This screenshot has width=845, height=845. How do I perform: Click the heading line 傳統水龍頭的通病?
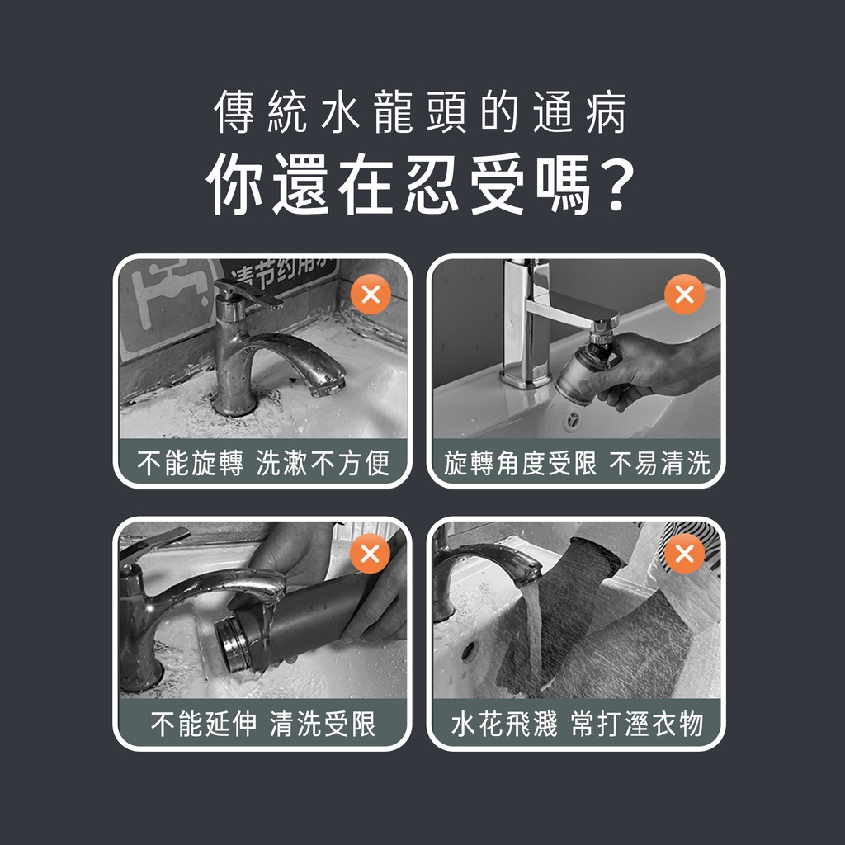click(420, 111)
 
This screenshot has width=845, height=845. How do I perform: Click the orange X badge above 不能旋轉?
click(371, 295)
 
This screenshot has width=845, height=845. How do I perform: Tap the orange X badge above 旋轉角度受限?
click(684, 295)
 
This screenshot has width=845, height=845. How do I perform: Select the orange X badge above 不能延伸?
click(370, 554)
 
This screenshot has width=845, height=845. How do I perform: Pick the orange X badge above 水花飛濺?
click(684, 554)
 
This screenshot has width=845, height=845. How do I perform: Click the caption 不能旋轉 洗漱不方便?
click(263, 463)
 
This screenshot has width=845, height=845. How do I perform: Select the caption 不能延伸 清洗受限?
click(263, 723)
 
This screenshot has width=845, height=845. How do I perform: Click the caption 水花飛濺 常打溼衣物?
click(577, 723)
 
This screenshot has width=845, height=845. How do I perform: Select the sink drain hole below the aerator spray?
click(573, 418)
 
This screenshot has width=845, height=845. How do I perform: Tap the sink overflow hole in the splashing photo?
click(470, 652)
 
